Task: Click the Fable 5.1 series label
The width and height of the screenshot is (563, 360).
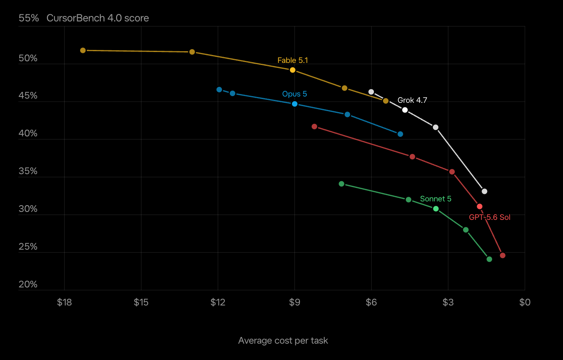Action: pos(292,60)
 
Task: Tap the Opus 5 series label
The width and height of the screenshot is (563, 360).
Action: pos(295,94)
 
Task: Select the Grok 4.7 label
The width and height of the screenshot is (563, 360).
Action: pos(412,100)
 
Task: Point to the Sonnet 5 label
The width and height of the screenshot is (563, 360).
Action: pos(435,199)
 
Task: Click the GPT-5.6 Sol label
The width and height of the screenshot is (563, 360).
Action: pos(490,217)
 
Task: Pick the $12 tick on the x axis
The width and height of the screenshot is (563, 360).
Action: pos(218,302)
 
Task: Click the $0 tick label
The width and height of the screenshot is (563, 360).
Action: pos(525,302)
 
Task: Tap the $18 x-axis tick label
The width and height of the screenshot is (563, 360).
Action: pos(64,302)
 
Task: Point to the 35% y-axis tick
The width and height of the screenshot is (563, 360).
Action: pos(28,171)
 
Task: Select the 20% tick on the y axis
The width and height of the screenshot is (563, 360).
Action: pos(28,284)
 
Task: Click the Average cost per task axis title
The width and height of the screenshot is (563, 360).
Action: pos(283,341)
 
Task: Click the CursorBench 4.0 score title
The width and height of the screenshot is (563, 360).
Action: pos(97,18)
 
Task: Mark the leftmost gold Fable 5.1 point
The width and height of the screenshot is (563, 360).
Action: pos(83,50)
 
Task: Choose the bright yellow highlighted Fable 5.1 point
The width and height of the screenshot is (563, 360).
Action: pos(292,70)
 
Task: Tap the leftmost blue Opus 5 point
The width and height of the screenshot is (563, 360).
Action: pos(219,89)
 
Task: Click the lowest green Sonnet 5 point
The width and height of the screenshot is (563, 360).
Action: pos(489,259)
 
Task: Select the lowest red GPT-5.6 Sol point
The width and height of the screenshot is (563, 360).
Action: pos(503,256)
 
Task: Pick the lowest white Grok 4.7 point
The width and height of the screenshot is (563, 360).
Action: pos(484,192)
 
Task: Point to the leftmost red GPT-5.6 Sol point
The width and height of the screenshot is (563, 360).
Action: pos(314,126)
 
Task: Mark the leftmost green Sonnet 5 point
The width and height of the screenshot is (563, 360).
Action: pos(341,184)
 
